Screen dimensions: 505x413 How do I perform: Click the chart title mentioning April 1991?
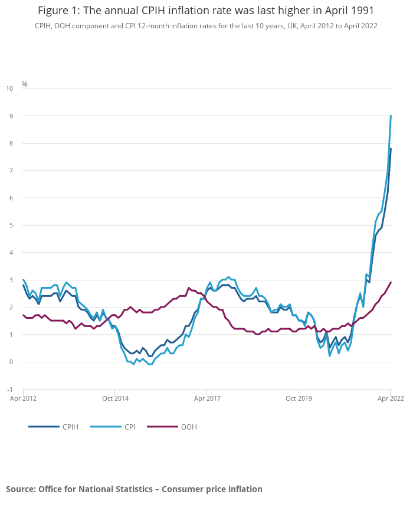[206, 11]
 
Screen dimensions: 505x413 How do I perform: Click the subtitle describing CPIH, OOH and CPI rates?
[206, 26]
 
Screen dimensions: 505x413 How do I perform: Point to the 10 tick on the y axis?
[9, 88]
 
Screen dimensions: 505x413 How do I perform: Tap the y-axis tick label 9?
[10, 116]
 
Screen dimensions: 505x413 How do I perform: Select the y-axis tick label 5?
[10, 225]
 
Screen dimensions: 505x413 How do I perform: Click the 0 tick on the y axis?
[10, 362]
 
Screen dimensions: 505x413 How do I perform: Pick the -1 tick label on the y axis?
[9, 390]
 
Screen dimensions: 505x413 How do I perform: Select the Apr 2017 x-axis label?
[206, 398]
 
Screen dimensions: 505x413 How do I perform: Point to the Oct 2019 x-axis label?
[299, 398]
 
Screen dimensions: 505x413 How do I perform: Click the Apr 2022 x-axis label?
[391, 398]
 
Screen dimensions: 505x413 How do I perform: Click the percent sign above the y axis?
[25, 84]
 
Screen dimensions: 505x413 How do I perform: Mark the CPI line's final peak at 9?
[391, 116]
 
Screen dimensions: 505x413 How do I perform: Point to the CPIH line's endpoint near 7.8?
[391, 148]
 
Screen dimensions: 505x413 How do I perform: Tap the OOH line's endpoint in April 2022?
[391, 282]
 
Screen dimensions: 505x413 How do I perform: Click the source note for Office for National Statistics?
[134, 489]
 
